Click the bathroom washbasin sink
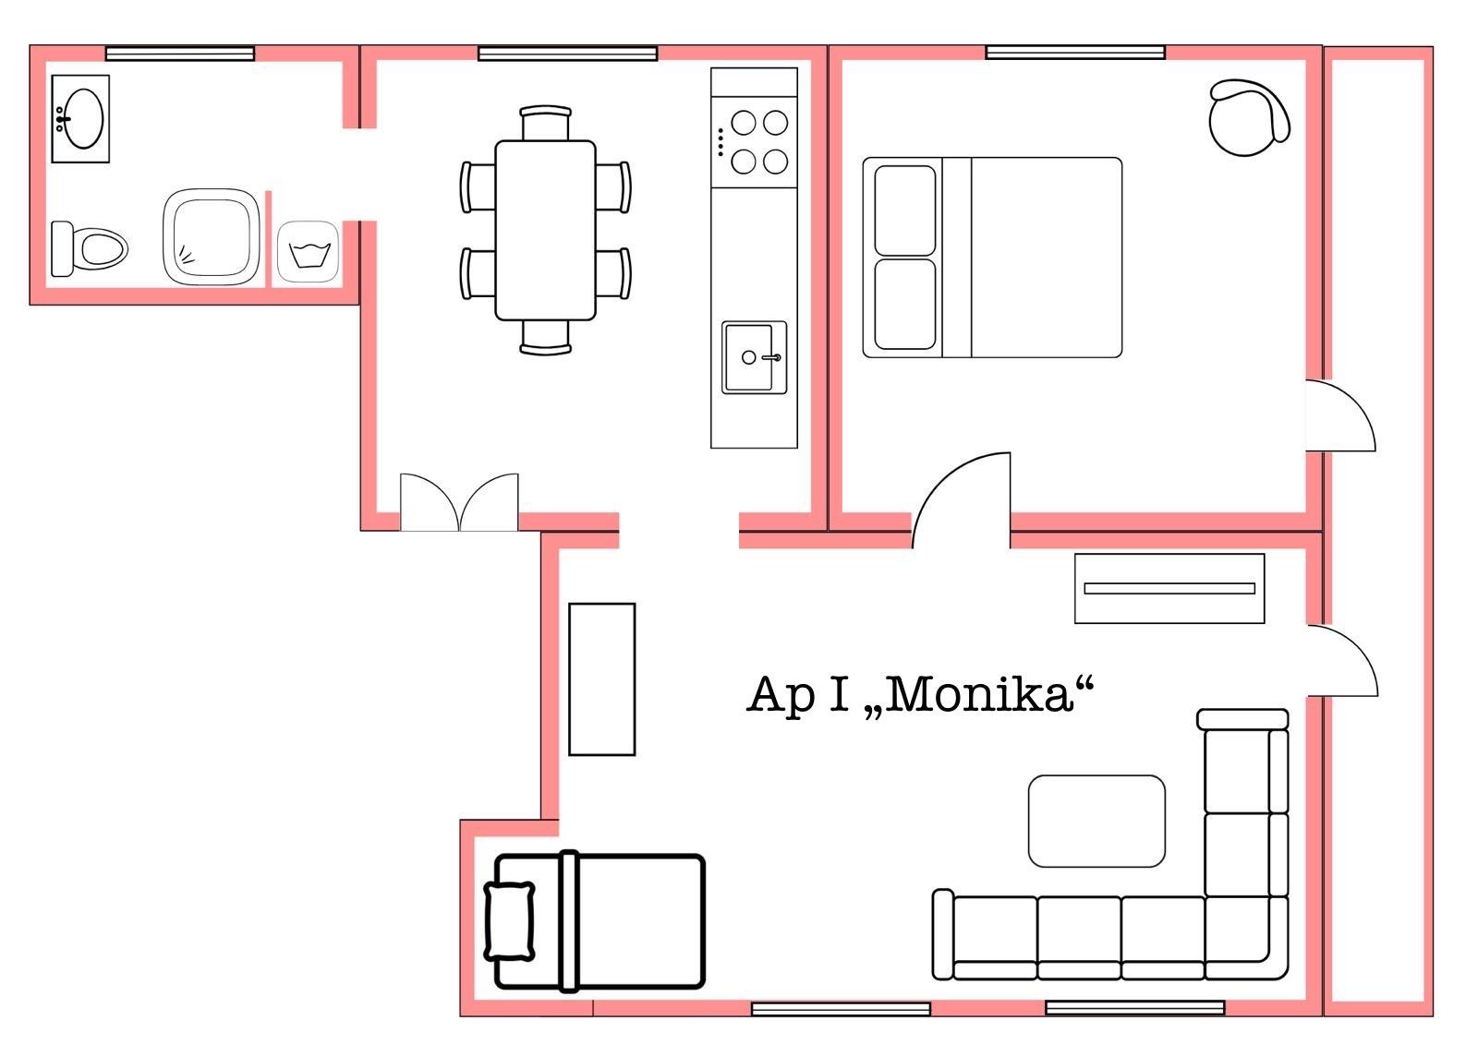80,119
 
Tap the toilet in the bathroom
89,249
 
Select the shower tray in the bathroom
212,236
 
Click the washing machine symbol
309,252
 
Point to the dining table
546,230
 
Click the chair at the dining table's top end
545,123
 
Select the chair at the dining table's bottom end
545,338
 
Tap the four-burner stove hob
754,142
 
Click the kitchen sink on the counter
754,357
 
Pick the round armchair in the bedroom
1248,117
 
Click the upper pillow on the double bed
904,210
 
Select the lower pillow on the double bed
904,304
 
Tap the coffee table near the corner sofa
1096,822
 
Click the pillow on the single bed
509,920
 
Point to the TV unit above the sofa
1169,588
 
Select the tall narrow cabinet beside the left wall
601,679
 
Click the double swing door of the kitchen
459,502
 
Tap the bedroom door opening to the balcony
1340,415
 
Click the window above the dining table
567,54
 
